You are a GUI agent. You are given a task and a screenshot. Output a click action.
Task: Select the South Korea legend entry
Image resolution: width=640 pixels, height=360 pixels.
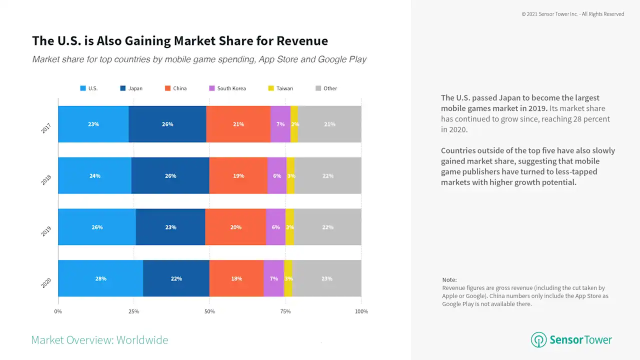click(x=227, y=88)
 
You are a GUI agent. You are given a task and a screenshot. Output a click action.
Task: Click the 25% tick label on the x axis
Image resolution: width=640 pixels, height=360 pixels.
click(x=134, y=311)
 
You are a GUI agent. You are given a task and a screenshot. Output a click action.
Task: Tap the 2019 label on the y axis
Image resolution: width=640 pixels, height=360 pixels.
click(x=46, y=231)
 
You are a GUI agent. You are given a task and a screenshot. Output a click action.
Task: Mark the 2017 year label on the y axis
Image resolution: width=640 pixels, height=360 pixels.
click(x=46, y=128)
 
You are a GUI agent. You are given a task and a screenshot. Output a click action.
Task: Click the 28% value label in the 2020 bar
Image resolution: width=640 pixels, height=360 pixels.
click(x=101, y=278)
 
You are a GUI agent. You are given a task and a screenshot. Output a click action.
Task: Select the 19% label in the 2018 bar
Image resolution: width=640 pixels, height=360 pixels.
click(x=238, y=176)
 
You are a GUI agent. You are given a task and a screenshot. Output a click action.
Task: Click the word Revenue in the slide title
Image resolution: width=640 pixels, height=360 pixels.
click(x=302, y=41)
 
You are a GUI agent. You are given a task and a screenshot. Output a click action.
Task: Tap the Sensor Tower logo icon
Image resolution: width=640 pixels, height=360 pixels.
click(x=538, y=340)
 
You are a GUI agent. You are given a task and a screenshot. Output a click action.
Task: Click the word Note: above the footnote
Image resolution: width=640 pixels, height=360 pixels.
click(x=449, y=280)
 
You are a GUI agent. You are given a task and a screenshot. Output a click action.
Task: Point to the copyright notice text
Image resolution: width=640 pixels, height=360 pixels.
click(x=572, y=14)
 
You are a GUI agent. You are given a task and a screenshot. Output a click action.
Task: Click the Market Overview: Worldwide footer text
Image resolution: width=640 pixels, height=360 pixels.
click(x=99, y=340)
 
